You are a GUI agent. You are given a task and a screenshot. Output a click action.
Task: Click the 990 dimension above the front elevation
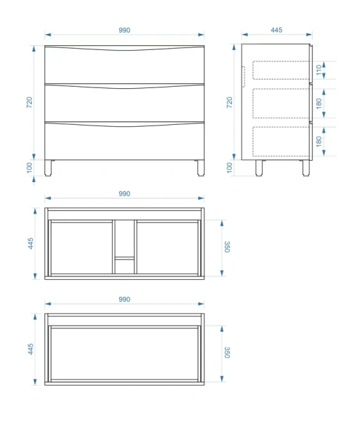click(124, 30)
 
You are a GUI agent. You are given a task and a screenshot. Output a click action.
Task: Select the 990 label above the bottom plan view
click(124, 299)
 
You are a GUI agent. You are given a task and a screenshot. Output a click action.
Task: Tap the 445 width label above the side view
click(276, 30)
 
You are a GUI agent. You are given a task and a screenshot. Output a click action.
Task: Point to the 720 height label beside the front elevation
click(29, 102)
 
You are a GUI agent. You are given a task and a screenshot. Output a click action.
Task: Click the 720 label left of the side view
click(229, 102)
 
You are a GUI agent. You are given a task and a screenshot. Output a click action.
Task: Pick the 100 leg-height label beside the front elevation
click(29, 168)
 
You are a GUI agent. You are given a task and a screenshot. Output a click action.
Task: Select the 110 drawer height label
click(319, 70)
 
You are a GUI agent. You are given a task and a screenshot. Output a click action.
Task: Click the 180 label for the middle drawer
click(319, 104)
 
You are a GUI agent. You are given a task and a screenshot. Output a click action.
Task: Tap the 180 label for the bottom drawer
click(319, 142)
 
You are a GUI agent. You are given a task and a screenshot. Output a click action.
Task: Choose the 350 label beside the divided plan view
click(227, 247)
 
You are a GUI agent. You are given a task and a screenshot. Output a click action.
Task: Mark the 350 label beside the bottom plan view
click(227, 352)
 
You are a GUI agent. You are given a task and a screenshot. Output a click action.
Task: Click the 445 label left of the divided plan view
click(31, 243)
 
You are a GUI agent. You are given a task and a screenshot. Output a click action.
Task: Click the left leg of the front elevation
click(49, 168)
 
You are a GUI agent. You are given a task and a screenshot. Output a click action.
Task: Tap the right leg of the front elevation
click(201, 168)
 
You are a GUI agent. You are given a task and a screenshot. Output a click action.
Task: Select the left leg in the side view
click(259, 168)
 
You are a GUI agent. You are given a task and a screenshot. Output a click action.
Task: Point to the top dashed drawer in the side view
click(281, 70)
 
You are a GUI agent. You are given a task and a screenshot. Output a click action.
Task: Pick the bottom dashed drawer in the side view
click(281, 142)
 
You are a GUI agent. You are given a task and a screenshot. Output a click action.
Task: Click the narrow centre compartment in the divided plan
click(125, 247)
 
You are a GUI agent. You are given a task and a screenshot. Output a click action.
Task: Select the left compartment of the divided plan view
click(82, 248)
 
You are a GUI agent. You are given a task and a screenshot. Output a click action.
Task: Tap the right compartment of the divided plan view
click(168, 248)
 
